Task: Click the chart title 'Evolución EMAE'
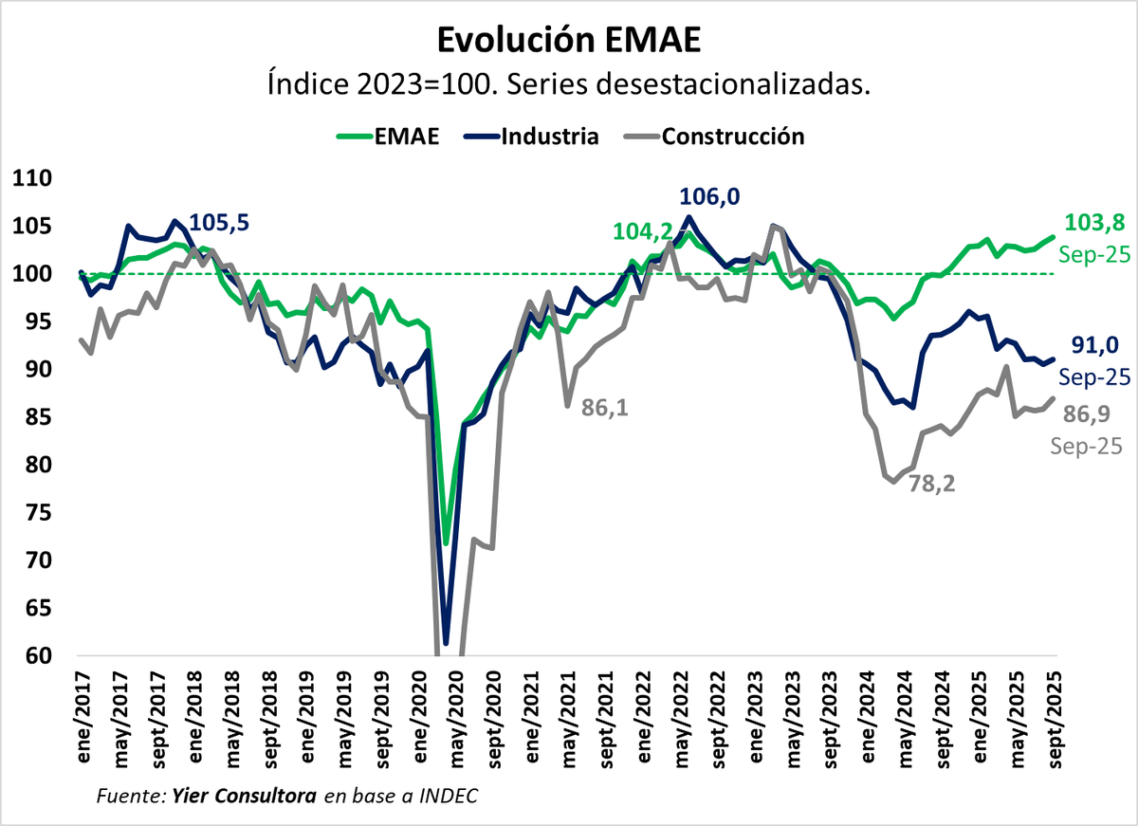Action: (568, 41)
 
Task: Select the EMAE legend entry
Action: (388, 136)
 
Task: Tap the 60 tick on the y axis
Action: (34, 656)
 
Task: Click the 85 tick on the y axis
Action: (34, 417)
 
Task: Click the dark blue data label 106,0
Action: (710, 196)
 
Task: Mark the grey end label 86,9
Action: (1086, 414)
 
